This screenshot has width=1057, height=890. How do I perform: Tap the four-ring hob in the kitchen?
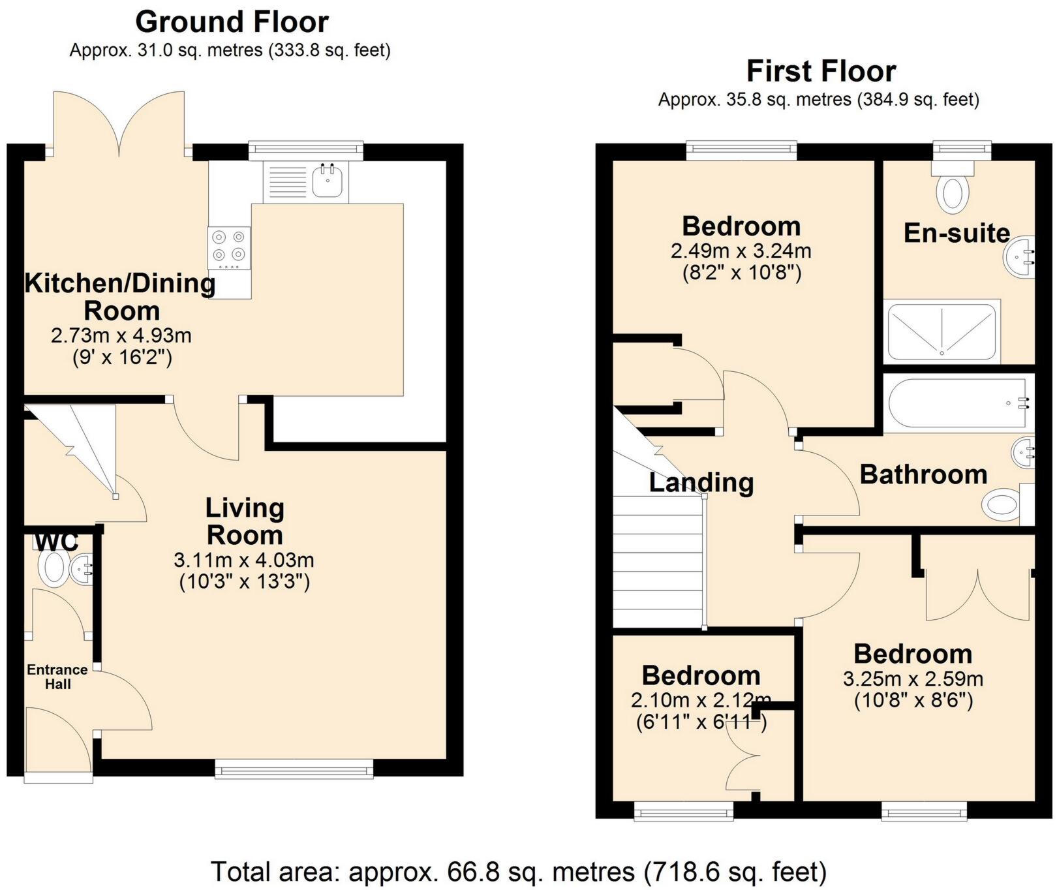pyautogui.click(x=229, y=247)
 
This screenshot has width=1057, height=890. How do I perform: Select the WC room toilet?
pyautogui.click(x=52, y=567)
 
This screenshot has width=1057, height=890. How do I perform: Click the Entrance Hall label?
pyautogui.click(x=57, y=677)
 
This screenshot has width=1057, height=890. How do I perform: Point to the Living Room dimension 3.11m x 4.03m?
pyautogui.click(x=244, y=560)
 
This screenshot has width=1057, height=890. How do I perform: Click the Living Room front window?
pyautogui.click(x=294, y=770)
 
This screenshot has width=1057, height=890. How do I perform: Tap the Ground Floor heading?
pyautogui.click(x=232, y=22)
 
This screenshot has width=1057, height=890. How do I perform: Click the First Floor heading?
pyautogui.click(x=821, y=70)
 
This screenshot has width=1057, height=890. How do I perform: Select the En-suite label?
pyautogui.click(x=957, y=233)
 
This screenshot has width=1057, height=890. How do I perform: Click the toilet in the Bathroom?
pyautogui.click(x=1002, y=504)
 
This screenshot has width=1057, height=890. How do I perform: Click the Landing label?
pyautogui.click(x=701, y=482)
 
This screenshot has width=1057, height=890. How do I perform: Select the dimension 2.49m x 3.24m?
pyautogui.click(x=741, y=251)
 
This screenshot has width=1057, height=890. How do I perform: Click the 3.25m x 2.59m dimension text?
pyautogui.click(x=913, y=679)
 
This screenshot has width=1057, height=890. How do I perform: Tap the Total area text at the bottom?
pyautogui.click(x=519, y=872)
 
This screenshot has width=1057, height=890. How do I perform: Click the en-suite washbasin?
pyautogui.click(x=1019, y=257)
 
